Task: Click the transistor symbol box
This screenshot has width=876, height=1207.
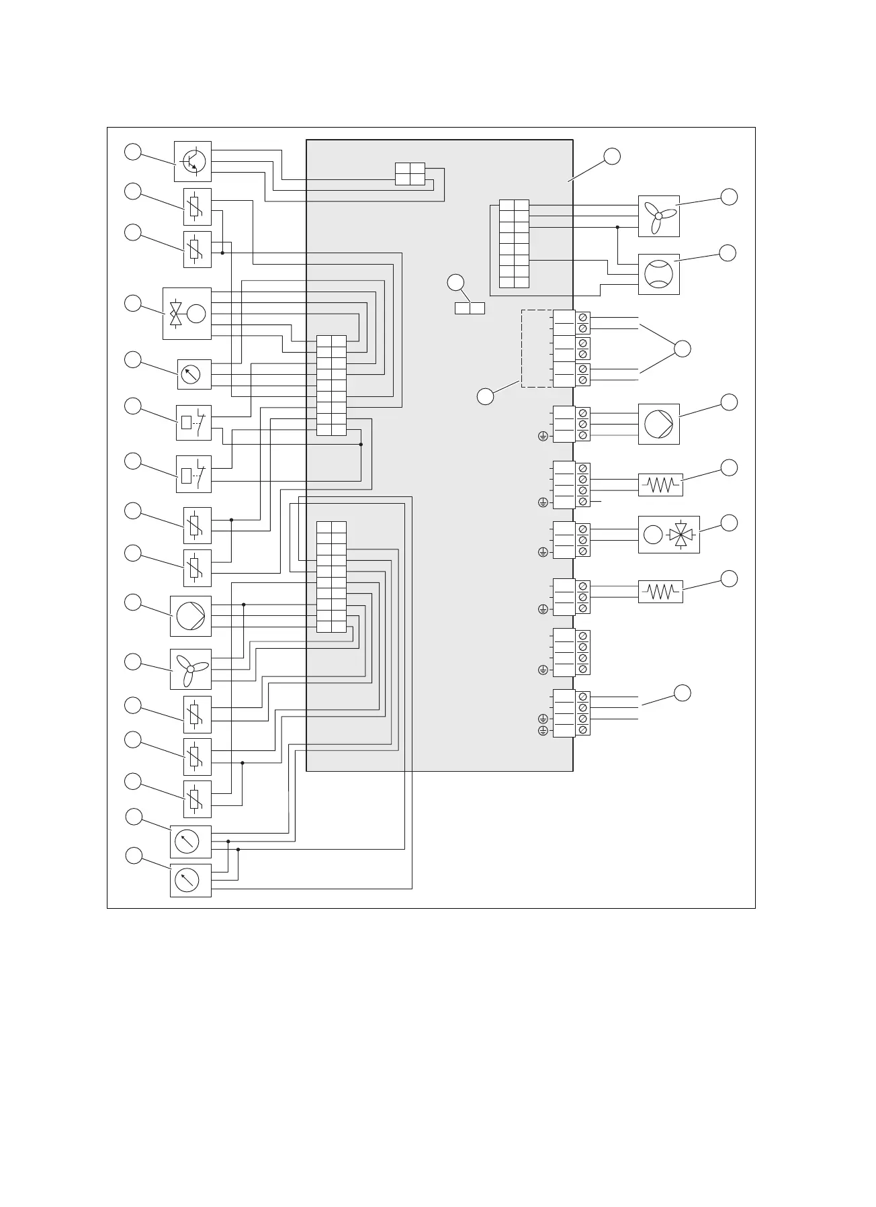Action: pyautogui.click(x=193, y=161)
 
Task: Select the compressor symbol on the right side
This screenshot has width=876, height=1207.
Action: pyautogui.click(x=658, y=274)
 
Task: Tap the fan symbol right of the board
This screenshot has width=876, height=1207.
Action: pyautogui.click(x=658, y=216)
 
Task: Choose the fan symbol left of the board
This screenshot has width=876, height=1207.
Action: pyautogui.click(x=191, y=669)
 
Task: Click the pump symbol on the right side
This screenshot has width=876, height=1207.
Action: pyautogui.click(x=658, y=424)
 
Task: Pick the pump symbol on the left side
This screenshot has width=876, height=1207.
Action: pyautogui.click(x=191, y=616)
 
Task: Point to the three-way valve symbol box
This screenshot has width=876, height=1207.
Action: pyautogui.click(x=668, y=535)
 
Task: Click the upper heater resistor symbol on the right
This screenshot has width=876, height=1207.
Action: pyautogui.click(x=660, y=484)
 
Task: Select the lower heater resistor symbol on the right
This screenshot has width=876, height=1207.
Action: pyautogui.click(x=660, y=591)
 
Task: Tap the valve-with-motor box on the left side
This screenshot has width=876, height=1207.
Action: pyautogui.click(x=187, y=314)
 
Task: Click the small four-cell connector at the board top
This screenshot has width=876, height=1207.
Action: pyautogui.click(x=410, y=173)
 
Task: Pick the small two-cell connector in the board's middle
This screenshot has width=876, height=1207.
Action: pyautogui.click(x=470, y=308)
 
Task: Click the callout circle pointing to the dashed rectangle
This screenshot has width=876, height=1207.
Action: pyautogui.click(x=485, y=396)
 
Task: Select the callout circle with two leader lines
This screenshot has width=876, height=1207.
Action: pyautogui.click(x=682, y=349)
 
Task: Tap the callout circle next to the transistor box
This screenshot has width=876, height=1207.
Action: pyautogui.click(x=133, y=152)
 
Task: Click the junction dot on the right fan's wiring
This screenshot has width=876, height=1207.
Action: pyautogui.click(x=617, y=227)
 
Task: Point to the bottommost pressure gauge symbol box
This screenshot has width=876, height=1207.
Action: pyautogui.click(x=191, y=880)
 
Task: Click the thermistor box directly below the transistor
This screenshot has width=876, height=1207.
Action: pyautogui.click(x=197, y=206)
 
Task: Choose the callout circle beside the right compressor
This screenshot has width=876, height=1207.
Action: pyautogui.click(x=728, y=253)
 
